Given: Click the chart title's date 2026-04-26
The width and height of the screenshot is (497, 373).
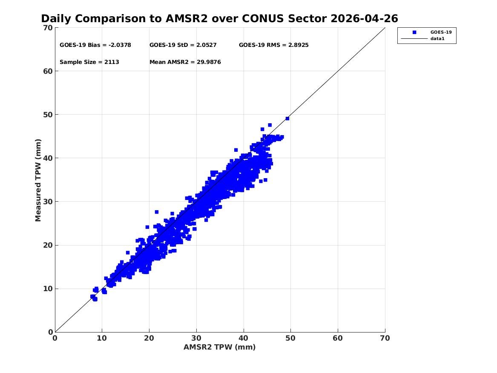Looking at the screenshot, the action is (364, 19).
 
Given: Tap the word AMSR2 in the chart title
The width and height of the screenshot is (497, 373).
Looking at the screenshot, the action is (187, 19).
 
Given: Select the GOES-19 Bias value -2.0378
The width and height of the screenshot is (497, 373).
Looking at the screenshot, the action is (120, 45).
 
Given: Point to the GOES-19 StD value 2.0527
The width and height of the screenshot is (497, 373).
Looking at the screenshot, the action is (207, 45).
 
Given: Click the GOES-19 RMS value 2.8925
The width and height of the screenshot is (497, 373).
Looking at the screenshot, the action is (298, 45).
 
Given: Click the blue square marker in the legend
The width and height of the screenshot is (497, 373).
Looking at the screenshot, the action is (414, 32).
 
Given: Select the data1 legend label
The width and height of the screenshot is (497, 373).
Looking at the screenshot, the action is (437, 39).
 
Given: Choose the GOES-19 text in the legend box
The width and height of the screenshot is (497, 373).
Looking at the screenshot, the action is (441, 32).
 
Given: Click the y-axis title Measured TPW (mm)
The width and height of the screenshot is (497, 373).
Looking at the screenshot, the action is (38, 180).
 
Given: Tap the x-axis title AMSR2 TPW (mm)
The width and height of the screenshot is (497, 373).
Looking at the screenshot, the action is (220, 347).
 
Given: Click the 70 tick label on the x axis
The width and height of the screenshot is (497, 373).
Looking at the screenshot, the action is (385, 338).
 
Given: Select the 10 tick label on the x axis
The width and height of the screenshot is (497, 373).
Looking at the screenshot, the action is (102, 338).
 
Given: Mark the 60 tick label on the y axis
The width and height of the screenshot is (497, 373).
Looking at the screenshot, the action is (48, 71).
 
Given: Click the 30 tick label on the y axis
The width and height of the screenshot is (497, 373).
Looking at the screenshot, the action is (48, 202).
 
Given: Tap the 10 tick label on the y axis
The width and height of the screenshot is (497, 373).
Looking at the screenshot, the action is (48, 289).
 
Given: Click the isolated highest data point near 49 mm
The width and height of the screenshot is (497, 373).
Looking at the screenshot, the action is (287, 119).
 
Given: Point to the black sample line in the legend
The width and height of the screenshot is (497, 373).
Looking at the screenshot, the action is (414, 39).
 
